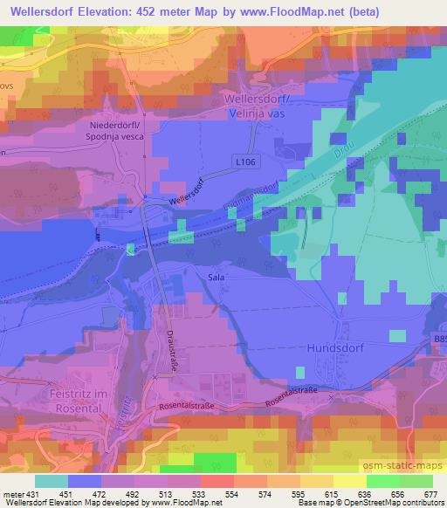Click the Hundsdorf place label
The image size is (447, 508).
[335, 347]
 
